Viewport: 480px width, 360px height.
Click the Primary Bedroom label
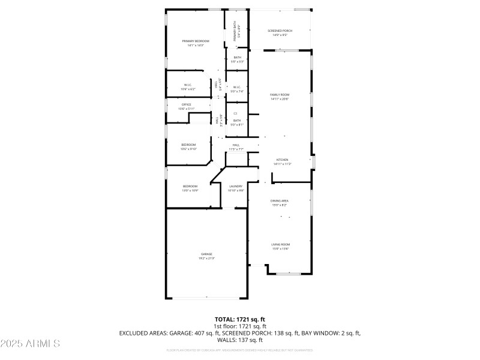[196, 41]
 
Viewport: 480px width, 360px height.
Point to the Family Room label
[280, 95]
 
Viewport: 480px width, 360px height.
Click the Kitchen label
[282, 160]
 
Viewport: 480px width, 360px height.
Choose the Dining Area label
[280, 200]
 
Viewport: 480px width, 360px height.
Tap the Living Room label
[281, 244]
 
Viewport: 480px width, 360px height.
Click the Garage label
[206, 254]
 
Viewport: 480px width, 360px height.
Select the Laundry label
[236, 186]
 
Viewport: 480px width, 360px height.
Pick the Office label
[187, 104]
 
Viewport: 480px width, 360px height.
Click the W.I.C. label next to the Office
[187, 85]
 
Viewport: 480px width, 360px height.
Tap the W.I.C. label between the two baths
[237, 87]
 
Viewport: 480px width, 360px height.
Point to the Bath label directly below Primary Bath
[238, 58]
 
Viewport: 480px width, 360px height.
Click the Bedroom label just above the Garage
[190, 186]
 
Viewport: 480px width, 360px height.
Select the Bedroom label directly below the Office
[188, 145]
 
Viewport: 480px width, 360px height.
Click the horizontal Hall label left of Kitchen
[236, 145]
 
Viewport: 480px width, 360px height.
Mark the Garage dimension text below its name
[206, 258]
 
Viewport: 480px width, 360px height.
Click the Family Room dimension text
[280, 99]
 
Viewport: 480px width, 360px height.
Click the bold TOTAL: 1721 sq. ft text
[240, 319]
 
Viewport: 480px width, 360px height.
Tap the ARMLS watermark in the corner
[31, 344]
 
